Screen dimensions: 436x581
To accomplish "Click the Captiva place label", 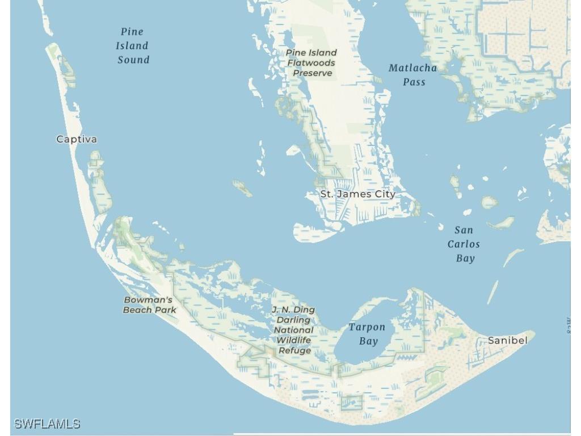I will (x=77, y=139).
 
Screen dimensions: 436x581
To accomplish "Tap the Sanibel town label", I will (x=507, y=341).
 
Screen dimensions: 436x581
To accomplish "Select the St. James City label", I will (x=357, y=194).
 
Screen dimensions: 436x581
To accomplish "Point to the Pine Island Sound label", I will (x=133, y=46).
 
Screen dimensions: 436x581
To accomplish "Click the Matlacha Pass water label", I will (x=413, y=75).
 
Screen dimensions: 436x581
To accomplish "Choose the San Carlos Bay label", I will (x=464, y=244).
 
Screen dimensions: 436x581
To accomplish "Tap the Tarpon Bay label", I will (x=367, y=334).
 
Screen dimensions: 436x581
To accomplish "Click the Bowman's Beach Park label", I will (x=149, y=305).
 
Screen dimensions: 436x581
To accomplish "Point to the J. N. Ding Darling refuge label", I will (x=293, y=330).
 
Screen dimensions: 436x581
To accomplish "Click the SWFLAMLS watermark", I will (x=47, y=424).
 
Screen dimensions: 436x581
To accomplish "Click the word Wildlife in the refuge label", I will (x=294, y=340).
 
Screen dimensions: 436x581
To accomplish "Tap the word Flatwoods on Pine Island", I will (x=311, y=63).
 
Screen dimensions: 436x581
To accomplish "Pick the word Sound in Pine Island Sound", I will (x=133, y=60).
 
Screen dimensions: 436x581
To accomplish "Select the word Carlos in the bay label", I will (x=464, y=244).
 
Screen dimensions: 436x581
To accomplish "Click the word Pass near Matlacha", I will (x=414, y=82).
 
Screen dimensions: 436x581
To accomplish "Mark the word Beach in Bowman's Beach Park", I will (x=138, y=310).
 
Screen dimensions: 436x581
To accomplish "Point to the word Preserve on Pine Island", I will (x=313, y=73).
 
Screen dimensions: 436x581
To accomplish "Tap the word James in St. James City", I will (x=357, y=194).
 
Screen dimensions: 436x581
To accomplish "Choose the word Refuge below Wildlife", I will (x=294, y=350).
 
